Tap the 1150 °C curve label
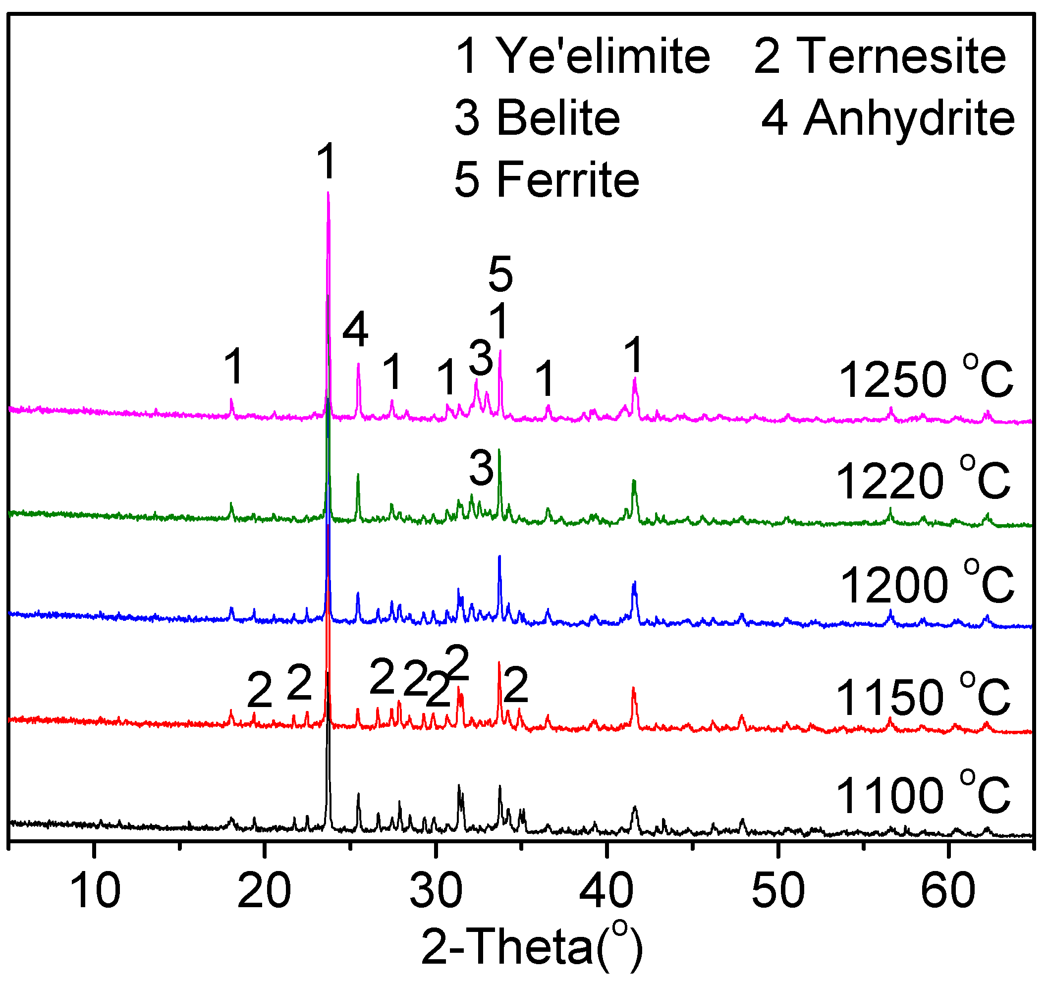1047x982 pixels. pos(923,697)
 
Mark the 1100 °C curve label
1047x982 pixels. pos(923,795)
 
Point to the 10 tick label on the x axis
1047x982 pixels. pos(95,890)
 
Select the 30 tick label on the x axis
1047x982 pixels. pos(436,890)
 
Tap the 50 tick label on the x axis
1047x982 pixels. pos(778,890)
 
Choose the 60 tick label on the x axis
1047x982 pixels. pos(948,890)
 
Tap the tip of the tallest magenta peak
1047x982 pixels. pos(328,193)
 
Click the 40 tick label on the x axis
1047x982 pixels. pos(606,890)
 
